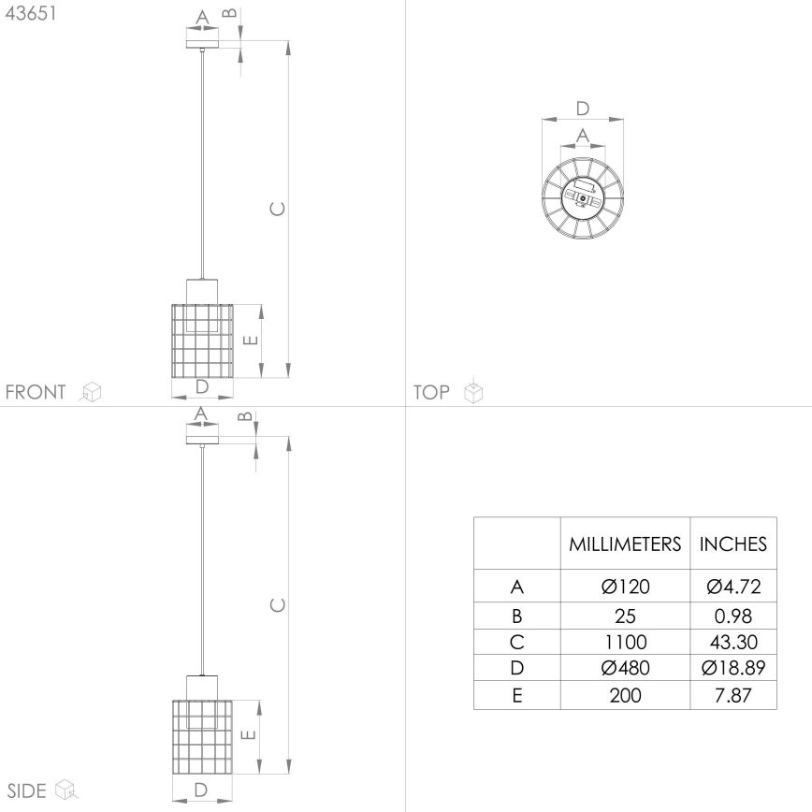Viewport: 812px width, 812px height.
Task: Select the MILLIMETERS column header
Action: pyautogui.click(x=625, y=544)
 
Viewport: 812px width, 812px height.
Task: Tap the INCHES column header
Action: pyautogui.click(x=733, y=544)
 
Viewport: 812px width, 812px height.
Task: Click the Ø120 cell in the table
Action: pyautogui.click(x=625, y=587)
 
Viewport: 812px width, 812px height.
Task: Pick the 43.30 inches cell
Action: pyautogui.click(x=733, y=642)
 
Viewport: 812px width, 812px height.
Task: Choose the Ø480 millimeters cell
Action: pyautogui.click(x=625, y=668)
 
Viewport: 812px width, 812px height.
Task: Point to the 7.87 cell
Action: pyautogui.click(x=733, y=695)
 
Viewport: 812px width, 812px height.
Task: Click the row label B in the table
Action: pyautogui.click(x=516, y=616)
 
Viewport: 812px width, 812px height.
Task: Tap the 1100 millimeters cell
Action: pyautogui.click(x=625, y=642)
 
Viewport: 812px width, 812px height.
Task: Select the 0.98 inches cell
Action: pyautogui.click(x=733, y=616)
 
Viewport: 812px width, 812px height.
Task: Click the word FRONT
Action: pyautogui.click(x=36, y=392)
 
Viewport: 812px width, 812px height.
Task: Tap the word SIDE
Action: pyautogui.click(x=27, y=790)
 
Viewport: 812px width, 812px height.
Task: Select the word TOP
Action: pyautogui.click(x=431, y=392)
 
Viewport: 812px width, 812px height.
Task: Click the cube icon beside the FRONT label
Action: pyautogui.click(x=91, y=392)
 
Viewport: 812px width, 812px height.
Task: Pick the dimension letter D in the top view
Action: pyautogui.click(x=582, y=108)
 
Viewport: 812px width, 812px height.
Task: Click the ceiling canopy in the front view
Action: pyautogui.click(x=201, y=41)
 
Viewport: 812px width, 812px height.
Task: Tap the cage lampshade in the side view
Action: pyautogui.click(x=201, y=737)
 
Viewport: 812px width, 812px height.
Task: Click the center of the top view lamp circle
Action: pyautogui.click(x=582, y=199)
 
